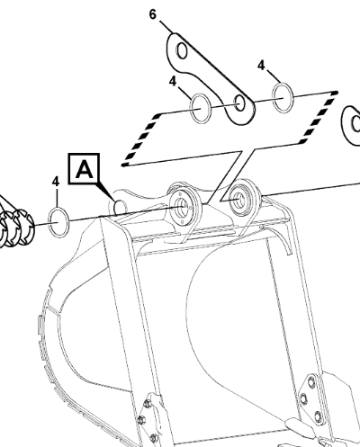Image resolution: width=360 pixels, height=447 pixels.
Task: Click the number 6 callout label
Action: coord(153,14)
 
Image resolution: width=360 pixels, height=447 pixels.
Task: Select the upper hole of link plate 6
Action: coord(182,50)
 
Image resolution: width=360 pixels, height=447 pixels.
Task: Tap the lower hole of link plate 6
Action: coord(240,103)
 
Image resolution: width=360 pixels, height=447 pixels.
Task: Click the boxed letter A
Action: coord(84,168)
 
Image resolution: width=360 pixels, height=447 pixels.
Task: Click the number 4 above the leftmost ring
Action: coord(56,181)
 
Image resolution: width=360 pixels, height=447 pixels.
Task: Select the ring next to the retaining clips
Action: coord(58,222)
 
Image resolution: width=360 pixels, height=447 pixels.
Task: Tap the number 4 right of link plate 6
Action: coord(261,65)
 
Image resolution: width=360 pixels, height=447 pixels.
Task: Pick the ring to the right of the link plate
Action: coord(283,98)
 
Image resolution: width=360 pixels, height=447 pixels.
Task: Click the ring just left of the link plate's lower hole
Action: coord(201,108)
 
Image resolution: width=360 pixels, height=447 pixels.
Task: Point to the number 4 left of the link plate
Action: coord(173,81)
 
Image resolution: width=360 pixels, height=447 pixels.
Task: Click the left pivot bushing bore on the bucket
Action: coord(182,206)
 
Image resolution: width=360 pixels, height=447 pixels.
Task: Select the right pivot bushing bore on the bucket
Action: coord(238,199)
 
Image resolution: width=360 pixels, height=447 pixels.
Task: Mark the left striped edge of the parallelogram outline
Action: coord(141,139)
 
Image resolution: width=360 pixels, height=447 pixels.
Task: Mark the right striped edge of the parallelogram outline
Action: coord(319,118)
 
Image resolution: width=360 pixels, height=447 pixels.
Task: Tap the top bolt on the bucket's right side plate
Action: coord(310,382)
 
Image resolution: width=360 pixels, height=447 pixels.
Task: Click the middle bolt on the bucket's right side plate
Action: coord(304,398)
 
